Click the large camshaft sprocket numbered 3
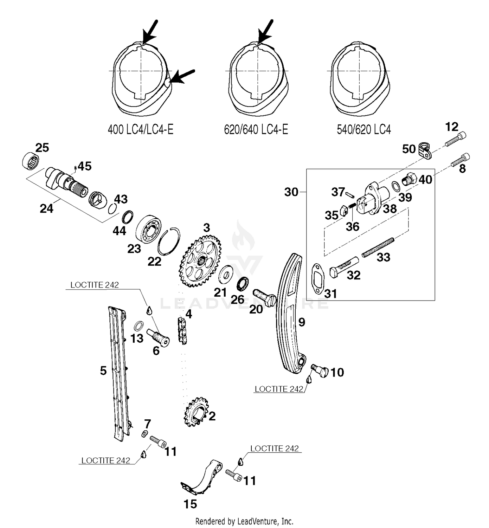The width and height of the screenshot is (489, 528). pyautogui.click(x=200, y=261)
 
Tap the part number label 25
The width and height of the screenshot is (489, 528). pyautogui.click(x=42, y=148)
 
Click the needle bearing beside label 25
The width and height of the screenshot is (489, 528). pyautogui.click(x=31, y=161)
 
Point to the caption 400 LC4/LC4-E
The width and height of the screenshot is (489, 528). pyautogui.click(x=141, y=130)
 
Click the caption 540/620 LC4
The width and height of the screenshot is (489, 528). pyautogui.click(x=363, y=130)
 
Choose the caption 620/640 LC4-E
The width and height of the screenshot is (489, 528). pyautogui.click(x=256, y=130)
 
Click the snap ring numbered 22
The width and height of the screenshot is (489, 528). pyautogui.click(x=169, y=241)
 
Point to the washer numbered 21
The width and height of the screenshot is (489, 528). pyautogui.click(x=225, y=274)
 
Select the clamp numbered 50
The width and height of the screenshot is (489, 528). pyautogui.click(x=424, y=150)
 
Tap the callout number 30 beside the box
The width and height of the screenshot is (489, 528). pyautogui.click(x=291, y=192)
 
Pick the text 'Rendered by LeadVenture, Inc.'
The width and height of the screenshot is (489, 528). pyautogui.click(x=244, y=521)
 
